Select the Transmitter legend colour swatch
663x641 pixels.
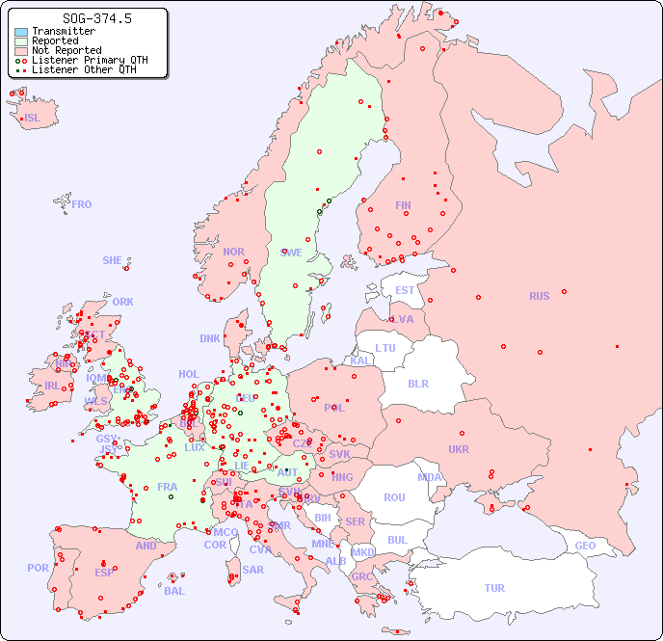tap(21, 32)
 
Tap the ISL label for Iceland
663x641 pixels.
tap(33, 119)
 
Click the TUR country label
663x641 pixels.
tap(494, 588)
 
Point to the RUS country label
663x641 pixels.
tap(539, 296)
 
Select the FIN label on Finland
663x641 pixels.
tap(403, 205)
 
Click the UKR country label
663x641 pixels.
tap(459, 449)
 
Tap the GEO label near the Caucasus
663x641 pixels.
tap(585, 546)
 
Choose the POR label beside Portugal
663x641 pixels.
tap(38, 568)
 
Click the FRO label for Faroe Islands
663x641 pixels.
tap(82, 204)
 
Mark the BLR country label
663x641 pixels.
tap(417, 383)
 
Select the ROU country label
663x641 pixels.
tap(394, 497)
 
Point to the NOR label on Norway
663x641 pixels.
tap(233, 252)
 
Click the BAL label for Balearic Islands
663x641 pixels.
tap(174, 591)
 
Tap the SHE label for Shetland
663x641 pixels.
tap(113, 260)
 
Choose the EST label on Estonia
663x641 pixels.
tap(405, 290)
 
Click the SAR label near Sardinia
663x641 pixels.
tap(252, 569)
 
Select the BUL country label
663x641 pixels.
tap(397, 540)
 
